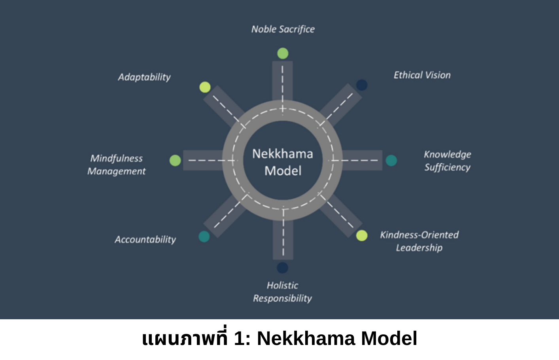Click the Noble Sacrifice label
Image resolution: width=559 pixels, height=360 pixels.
coord(283,29)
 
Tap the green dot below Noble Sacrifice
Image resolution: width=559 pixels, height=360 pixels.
coord(283,53)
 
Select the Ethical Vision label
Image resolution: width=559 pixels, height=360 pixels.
coord(422,75)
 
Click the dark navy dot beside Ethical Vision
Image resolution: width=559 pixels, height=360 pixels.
coord(362,85)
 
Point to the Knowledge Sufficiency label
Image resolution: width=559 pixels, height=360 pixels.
coord(447,161)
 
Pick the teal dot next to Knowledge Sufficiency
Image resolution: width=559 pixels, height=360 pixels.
coord(391,160)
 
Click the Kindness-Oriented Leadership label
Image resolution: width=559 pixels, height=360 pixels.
coord(419,241)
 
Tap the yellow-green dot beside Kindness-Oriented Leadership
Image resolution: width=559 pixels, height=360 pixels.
coord(362,235)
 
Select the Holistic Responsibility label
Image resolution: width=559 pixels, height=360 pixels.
coord(282,292)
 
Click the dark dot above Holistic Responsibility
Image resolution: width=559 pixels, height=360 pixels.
coord(282,268)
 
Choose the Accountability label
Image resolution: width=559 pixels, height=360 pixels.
coord(145,240)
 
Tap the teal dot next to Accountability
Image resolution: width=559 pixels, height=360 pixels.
coord(204,237)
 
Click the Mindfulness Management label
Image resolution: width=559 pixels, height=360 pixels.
coord(117,165)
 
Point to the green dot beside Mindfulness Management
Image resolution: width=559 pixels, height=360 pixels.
coord(175,160)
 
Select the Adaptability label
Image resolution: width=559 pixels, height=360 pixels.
coord(144,77)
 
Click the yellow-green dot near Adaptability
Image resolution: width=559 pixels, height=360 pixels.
coord(205,87)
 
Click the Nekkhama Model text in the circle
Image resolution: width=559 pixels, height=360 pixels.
coord(283,162)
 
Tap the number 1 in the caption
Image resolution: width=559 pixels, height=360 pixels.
coord(239,339)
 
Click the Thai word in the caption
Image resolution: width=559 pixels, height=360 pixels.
coord(185,339)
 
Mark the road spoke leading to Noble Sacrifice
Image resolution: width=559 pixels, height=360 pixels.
coord(282,81)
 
